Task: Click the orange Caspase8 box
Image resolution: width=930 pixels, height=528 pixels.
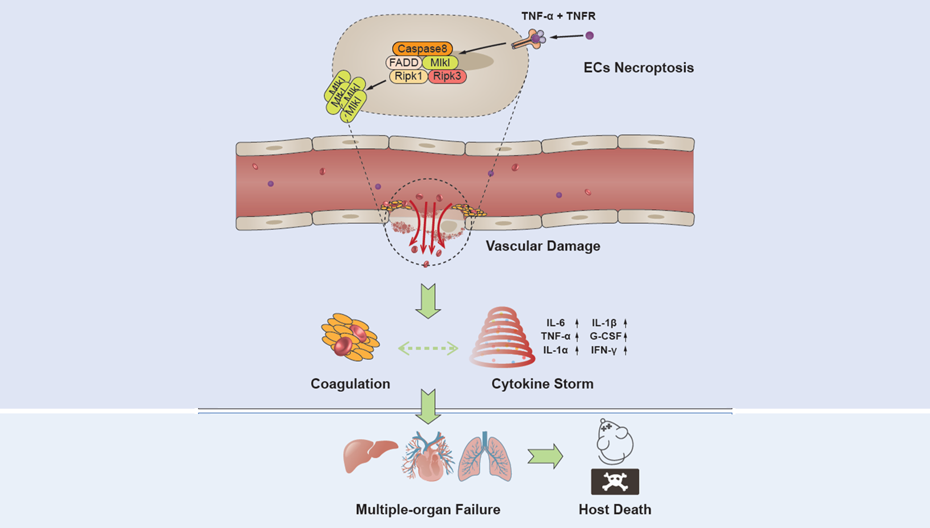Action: (422, 49)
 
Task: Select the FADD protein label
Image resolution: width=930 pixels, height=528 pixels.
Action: (404, 62)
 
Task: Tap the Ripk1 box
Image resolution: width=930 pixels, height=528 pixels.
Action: (408, 76)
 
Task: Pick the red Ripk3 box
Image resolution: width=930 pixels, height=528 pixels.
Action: (447, 76)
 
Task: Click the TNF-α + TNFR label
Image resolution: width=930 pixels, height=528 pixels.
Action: (558, 16)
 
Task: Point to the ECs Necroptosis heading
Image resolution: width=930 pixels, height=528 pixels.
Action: (638, 68)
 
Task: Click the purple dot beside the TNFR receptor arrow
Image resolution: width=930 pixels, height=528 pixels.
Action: (590, 35)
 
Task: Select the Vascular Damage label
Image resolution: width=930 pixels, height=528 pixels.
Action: (543, 246)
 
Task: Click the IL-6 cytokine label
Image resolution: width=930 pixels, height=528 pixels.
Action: (555, 323)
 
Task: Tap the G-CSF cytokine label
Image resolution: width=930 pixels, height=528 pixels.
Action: (606, 336)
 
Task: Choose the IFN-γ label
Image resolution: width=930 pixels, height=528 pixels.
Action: (603, 350)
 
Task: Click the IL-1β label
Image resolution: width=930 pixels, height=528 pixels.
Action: (604, 323)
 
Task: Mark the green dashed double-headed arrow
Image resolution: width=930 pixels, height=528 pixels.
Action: (428, 348)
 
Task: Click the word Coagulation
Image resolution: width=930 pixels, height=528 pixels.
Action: (350, 384)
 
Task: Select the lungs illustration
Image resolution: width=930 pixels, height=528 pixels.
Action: (485, 457)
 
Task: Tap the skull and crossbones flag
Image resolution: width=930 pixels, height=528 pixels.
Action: (615, 482)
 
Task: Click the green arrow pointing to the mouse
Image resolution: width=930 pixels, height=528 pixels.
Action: (545, 456)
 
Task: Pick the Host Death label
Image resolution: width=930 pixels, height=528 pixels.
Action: (615, 510)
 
